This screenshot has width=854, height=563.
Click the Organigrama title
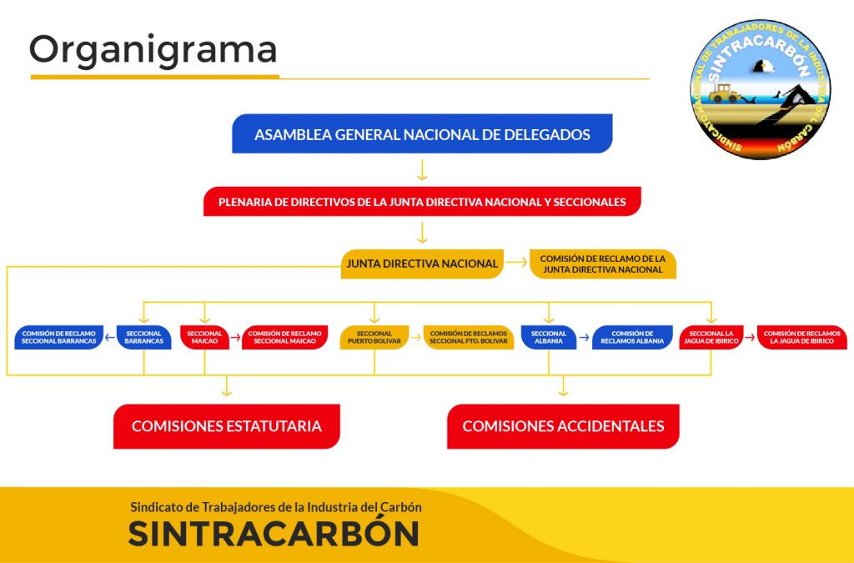point(153,50)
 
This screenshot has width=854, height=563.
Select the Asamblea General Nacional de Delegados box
point(422,134)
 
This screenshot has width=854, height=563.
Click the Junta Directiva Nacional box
point(421,264)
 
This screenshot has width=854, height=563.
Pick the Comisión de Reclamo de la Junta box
point(602,264)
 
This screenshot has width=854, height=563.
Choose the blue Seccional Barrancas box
point(143,337)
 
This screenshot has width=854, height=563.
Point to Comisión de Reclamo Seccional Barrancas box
point(59,337)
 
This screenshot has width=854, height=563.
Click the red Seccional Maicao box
point(205,337)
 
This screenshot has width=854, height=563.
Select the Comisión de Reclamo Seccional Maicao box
point(284,337)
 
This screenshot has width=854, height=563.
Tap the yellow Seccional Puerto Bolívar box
point(374,337)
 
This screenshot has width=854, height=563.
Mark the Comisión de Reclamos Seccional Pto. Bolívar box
point(469,337)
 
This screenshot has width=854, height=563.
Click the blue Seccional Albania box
point(549,337)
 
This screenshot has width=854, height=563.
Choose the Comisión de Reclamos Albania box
point(632,337)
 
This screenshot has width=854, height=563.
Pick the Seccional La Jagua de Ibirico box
point(711,337)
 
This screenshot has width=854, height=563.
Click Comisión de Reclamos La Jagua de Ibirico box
point(801,337)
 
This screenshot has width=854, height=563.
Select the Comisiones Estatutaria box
point(227,426)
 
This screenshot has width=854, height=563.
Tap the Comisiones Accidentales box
point(563,426)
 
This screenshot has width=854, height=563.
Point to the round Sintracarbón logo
point(761,89)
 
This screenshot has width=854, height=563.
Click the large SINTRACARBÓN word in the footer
point(274,534)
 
